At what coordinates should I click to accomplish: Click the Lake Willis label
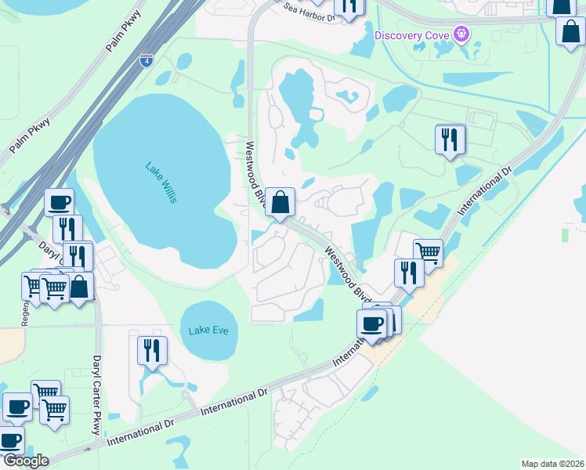(160, 183)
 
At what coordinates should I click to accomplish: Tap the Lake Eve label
(208, 331)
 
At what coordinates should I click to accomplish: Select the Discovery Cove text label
(414, 35)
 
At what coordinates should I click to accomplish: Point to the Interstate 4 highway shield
(146, 59)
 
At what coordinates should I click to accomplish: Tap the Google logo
(25, 461)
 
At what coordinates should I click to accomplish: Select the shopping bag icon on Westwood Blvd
(280, 202)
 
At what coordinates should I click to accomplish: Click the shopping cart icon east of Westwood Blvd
(428, 252)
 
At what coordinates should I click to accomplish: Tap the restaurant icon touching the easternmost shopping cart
(409, 272)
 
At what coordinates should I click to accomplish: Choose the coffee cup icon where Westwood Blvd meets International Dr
(371, 323)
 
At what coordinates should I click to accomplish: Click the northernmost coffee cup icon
(59, 202)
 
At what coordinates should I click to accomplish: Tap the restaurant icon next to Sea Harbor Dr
(349, 6)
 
